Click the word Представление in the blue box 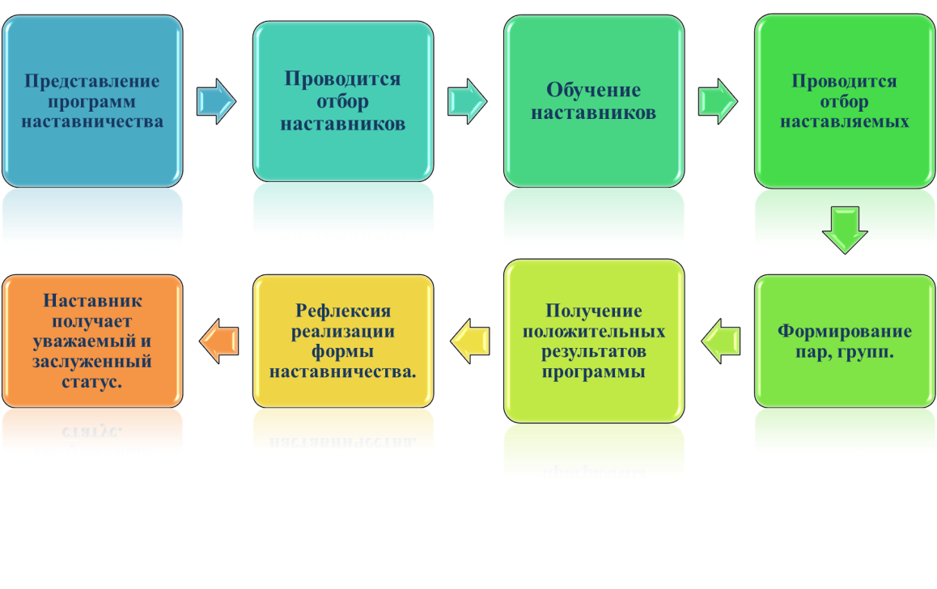click(x=92, y=82)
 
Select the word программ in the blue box click(x=91, y=102)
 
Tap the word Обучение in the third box click(x=593, y=91)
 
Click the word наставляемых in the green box click(x=845, y=122)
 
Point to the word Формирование click(x=845, y=332)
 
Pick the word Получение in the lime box click(x=594, y=311)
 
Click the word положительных click(x=594, y=332)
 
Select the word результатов click(x=594, y=352)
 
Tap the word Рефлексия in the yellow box click(x=343, y=311)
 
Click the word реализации click(x=343, y=332)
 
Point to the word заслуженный click(x=92, y=362)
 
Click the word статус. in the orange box click(x=92, y=382)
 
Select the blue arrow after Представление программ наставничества click(x=216, y=101)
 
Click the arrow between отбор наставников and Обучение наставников click(x=467, y=101)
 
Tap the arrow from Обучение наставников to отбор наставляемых click(x=718, y=101)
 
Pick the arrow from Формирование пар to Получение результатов click(x=721, y=341)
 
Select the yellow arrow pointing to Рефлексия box click(x=470, y=341)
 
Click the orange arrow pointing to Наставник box click(x=218, y=341)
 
